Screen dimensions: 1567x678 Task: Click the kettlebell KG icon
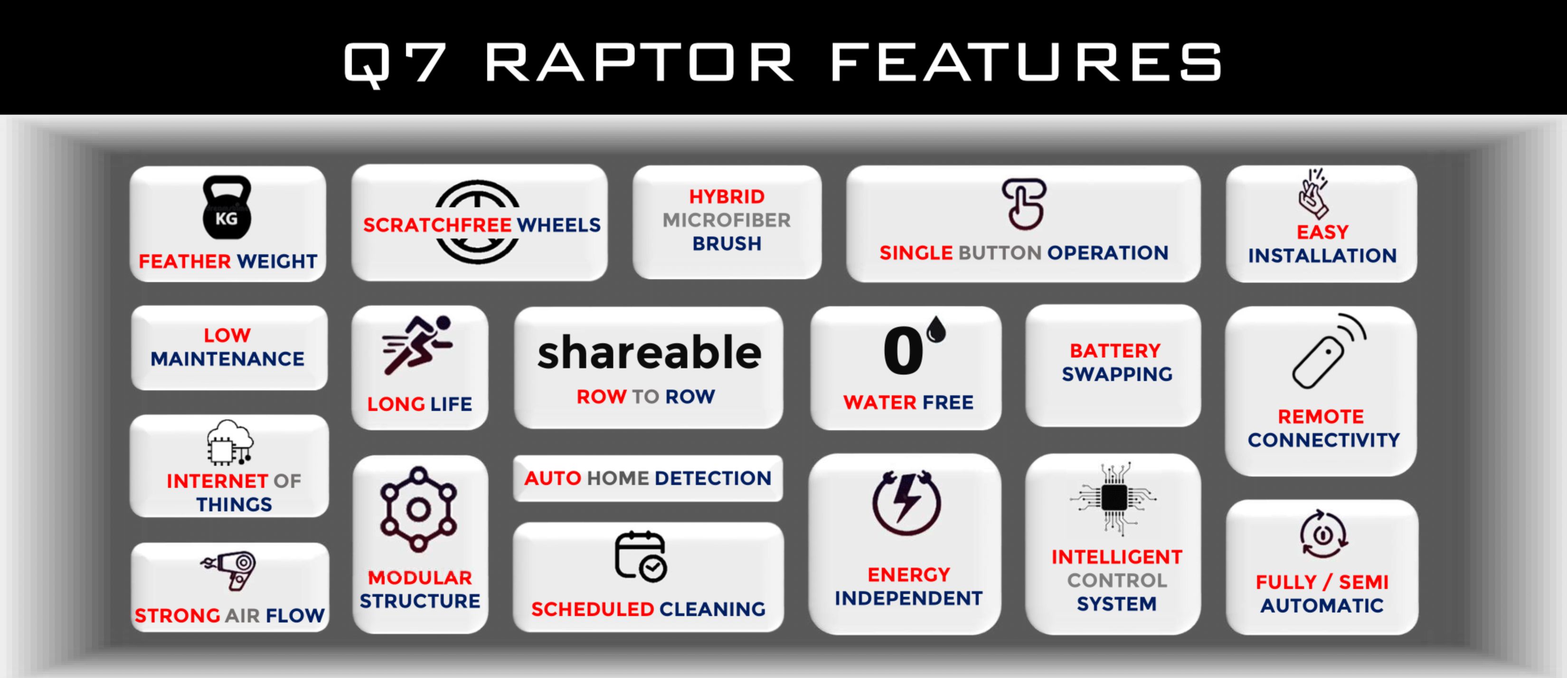(227, 207)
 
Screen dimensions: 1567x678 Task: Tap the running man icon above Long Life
(417, 345)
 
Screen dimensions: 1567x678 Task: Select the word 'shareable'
(649, 353)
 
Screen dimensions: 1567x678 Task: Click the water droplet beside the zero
(936, 329)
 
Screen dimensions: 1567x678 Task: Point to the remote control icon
(1329, 351)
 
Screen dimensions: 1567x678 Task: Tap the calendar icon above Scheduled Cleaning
(641, 556)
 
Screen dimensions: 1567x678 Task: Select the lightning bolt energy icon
(907, 502)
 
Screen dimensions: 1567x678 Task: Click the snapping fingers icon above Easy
(1314, 193)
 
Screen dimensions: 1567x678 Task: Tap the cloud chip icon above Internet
(229, 442)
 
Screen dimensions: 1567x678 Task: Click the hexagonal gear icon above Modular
(418, 509)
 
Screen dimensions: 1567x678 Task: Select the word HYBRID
(727, 197)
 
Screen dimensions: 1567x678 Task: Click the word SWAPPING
(1117, 374)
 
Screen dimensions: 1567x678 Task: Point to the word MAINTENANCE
(227, 359)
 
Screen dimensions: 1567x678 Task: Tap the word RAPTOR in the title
(640, 62)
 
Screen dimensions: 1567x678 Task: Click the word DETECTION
(713, 478)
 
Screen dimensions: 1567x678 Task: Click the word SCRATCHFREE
(438, 225)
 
